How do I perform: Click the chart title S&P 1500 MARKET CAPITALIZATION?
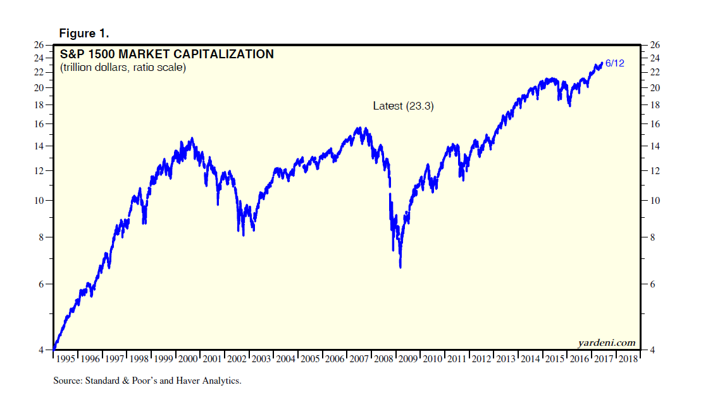(x=167, y=54)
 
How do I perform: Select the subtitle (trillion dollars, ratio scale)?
(x=123, y=67)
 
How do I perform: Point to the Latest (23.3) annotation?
(x=403, y=106)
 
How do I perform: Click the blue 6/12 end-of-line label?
(x=615, y=63)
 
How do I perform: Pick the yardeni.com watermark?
(x=606, y=343)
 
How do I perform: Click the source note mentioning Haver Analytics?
(x=147, y=381)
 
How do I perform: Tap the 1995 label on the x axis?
(x=66, y=358)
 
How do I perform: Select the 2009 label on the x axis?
(x=409, y=358)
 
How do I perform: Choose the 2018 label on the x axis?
(x=628, y=358)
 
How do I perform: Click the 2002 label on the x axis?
(x=237, y=358)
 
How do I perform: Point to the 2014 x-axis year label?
(x=531, y=358)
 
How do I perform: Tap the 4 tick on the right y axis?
(x=650, y=350)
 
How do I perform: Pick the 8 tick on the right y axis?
(x=650, y=237)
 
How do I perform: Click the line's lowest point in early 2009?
(x=400, y=267)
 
